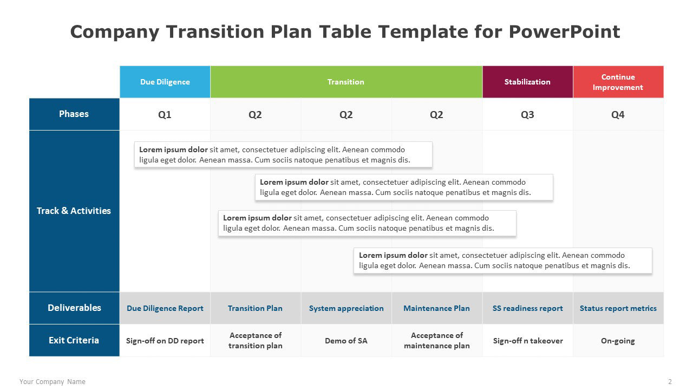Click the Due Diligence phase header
pos(165,82)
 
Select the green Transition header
pos(346,82)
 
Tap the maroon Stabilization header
pos(527,82)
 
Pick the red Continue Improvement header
pos(618,82)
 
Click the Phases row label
pos(74,114)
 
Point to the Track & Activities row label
pos(74,211)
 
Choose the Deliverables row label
pos(74,308)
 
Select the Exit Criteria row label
pos(74,340)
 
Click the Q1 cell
pos(165,114)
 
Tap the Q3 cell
pos(527,114)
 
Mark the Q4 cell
pos(618,114)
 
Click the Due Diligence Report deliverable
pos(165,308)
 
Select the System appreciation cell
pos(346,308)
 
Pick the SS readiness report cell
pos(527,308)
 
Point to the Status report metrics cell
pos(618,308)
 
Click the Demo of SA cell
pos(346,341)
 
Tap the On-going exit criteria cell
pos(618,341)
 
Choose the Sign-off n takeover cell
pos(527,341)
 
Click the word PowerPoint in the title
pos(564,31)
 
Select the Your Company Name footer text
pos(53,382)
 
